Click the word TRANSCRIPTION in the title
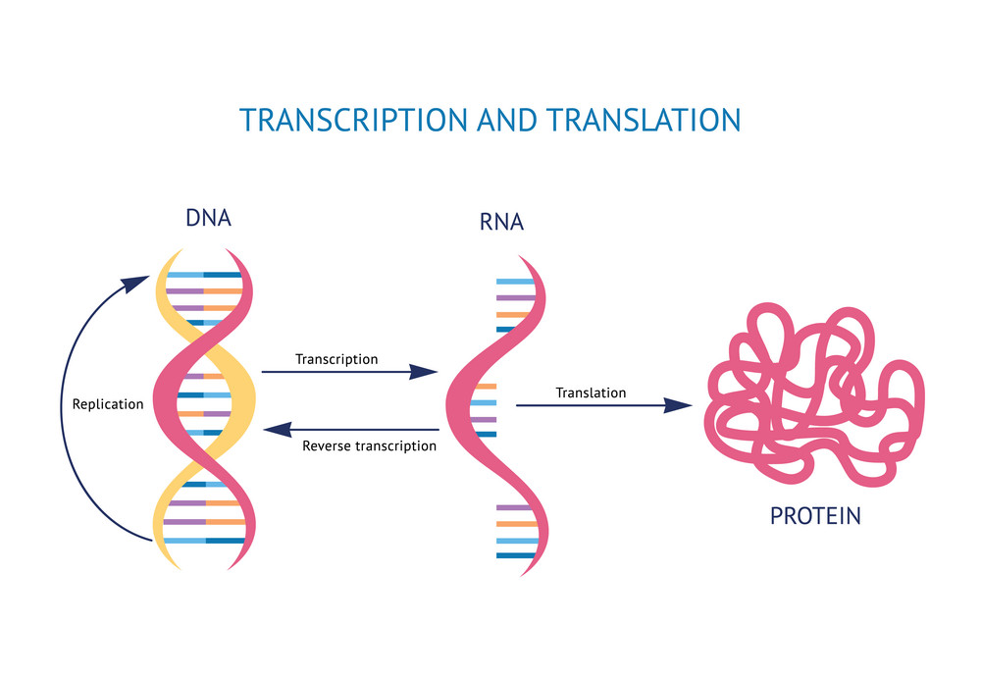coord(353,120)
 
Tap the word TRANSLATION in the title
coord(644,120)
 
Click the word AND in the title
coord(507,120)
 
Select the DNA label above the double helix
coord(208,218)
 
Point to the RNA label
coord(501,222)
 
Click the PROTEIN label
coord(815,516)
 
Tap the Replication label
coord(108,404)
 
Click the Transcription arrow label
coord(336,359)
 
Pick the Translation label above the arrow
coord(591,392)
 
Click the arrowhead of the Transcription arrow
coord(424,372)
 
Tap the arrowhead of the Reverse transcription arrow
coord(278,430)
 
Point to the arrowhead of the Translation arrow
coord(678,405)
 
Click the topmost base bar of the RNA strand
coord(516,282)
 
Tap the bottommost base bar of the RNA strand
coord(516,555)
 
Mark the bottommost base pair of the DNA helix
coord(205,541)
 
